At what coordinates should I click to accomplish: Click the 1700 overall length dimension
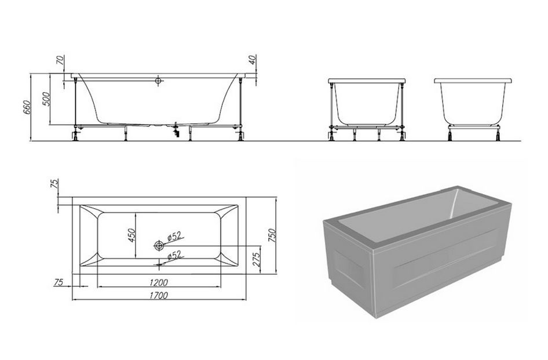159,296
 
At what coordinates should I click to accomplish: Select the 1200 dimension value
159,282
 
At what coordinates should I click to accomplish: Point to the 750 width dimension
272,236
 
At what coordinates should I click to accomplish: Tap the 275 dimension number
256,259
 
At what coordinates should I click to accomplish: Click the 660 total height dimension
27,107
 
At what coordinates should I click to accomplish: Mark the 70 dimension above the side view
60,60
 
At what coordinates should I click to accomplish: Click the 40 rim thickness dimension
253,60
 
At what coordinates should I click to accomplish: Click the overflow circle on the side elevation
159,81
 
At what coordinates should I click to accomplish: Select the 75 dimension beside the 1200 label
59,282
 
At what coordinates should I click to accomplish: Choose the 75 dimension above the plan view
54,184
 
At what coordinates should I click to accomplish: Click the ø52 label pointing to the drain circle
174,237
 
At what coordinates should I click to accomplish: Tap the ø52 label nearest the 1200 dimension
174,256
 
